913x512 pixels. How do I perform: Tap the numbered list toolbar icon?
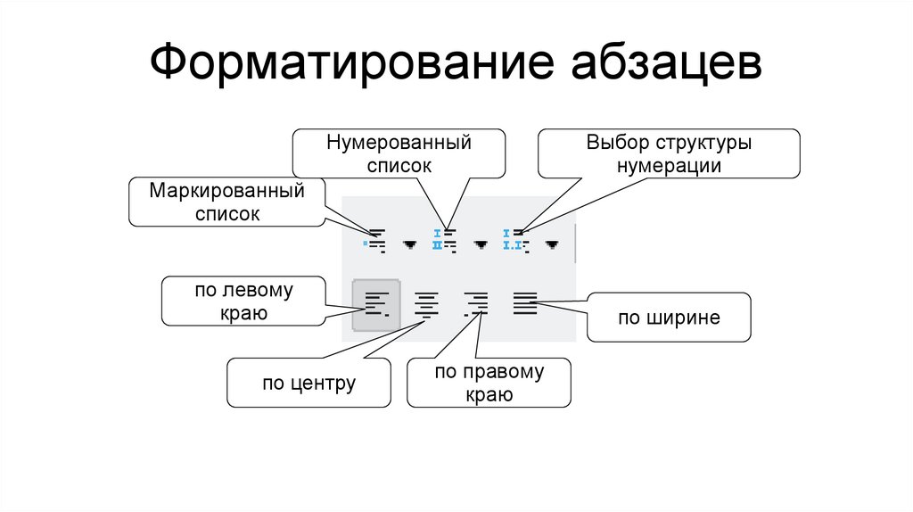(x=444, y=242)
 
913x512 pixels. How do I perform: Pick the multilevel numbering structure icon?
(x=515, y=241)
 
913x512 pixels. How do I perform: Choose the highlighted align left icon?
(x=376, y=305)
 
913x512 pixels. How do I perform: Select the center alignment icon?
(x=428, y=305)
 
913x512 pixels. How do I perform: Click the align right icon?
(x=477, y=305)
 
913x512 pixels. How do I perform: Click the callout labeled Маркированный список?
(x=227, y=202)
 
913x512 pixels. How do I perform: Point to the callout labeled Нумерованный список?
(x=399, y=153)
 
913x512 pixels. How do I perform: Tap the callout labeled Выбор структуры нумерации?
(x=668, y=153)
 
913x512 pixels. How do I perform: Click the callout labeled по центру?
(x=308, y=384)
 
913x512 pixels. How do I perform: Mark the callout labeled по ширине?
(x=668, y=318)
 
